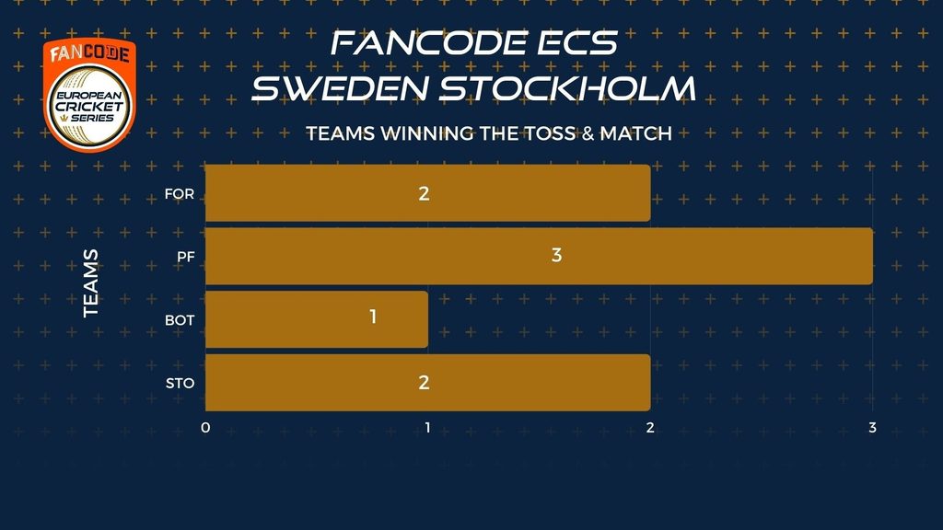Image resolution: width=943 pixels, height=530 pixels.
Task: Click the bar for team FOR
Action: [427, 193]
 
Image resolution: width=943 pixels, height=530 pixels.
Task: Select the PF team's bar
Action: [539, 256]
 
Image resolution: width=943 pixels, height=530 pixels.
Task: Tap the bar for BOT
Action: [317, 319]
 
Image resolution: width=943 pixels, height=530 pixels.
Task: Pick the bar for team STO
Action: [427, 383]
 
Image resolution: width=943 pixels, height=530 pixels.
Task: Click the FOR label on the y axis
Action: [180, 193]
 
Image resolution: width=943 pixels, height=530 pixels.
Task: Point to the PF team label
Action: [186, 257]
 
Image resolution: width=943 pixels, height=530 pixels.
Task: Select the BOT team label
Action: [180, 319]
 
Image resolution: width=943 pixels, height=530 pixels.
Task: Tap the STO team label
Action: [180, 383]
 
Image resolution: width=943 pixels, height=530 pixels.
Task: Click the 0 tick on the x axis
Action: [205, 428]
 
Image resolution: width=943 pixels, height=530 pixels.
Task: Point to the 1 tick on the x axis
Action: [427, 428]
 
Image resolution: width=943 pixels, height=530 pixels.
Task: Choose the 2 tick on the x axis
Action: [650, 428]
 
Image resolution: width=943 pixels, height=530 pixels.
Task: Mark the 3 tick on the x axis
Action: [872, 428]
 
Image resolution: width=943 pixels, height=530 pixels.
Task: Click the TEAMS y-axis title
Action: [90, 283]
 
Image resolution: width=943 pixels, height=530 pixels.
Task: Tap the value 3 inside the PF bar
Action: [556, 256]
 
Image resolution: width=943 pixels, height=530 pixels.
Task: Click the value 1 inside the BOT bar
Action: [373, 317]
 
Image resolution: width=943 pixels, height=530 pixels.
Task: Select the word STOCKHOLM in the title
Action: [567, 87]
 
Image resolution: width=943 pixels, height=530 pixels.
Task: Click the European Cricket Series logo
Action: [89, 95]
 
